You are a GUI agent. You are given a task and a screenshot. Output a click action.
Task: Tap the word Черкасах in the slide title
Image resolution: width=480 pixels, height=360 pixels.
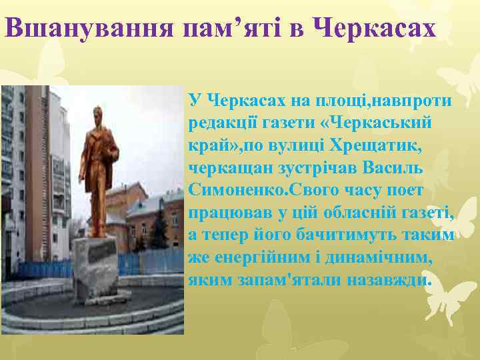point(374,29)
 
